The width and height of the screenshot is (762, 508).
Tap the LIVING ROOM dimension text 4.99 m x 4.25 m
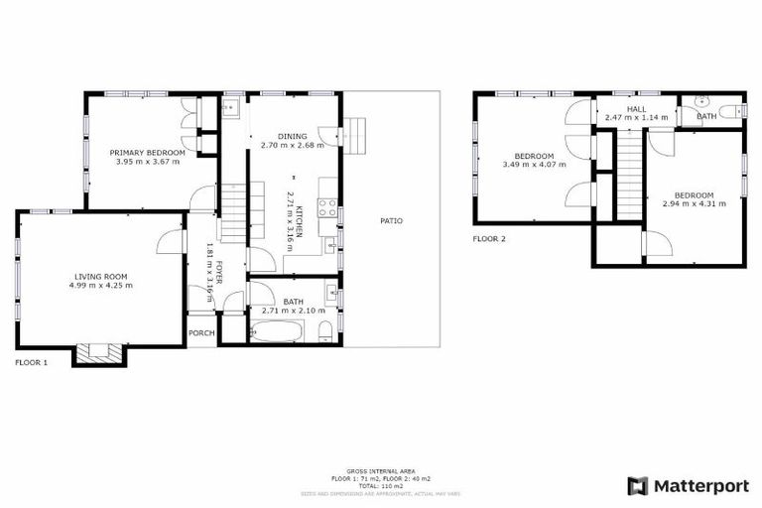pyautogui.click(x=101, y=285)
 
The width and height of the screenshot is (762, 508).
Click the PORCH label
pyautogui.click(x=201, y=332)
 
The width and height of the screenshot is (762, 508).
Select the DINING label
pyautogui.click(x=292, y=136)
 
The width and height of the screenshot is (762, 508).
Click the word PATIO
pyautogui.click(x=391, y=220)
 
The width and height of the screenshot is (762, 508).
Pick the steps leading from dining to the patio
pyautogui.click(x=354, y=131)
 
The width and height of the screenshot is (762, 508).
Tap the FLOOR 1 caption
pyautogui.click(x=31, y=363)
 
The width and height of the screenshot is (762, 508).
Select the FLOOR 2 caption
pyautogui.click(x=489, y=239)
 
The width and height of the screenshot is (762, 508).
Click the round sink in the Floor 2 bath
pyautogui.click(x=701, y=100)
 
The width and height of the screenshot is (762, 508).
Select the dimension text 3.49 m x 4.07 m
pyautogui.click(x=533, y=165)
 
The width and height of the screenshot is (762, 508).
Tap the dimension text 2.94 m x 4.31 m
pyautogui.click(x=694, y=203)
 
